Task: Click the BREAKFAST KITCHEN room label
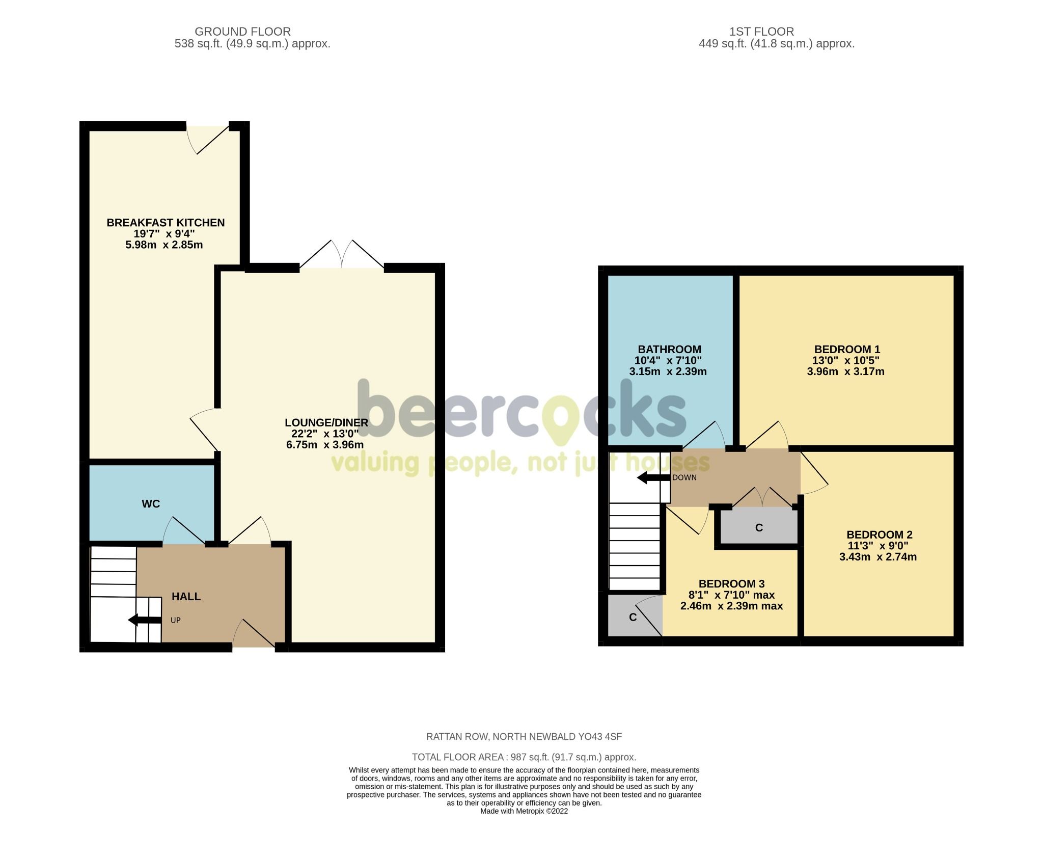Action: pyautogui.click(x=166, y=223)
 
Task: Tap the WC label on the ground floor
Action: pyautogui.click(x=151, y=504)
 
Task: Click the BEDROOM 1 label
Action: pyautogui.click(x=847, y=350)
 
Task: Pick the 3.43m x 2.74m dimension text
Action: pyautogui.click(x=877, y=557)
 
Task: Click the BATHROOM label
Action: pyautogui.click(x=669, y=350)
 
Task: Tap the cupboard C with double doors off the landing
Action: pyautogui.click(x=758, y=528)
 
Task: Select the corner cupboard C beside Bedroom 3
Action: pyautogui.click(x=633, y=618)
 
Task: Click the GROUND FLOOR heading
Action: pyautogui.click(x=242, y=32)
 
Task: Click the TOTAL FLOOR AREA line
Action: pyautogui.click(x=524, y=757)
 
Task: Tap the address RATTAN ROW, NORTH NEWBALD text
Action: pyautogui.click(x=524, y=737)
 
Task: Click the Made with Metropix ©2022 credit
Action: pyautogui.click(x=524, y=812)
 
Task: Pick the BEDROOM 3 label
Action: pyautogui.click(x=731, y=584)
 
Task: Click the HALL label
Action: pyautogui.click(x=186, y=597)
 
